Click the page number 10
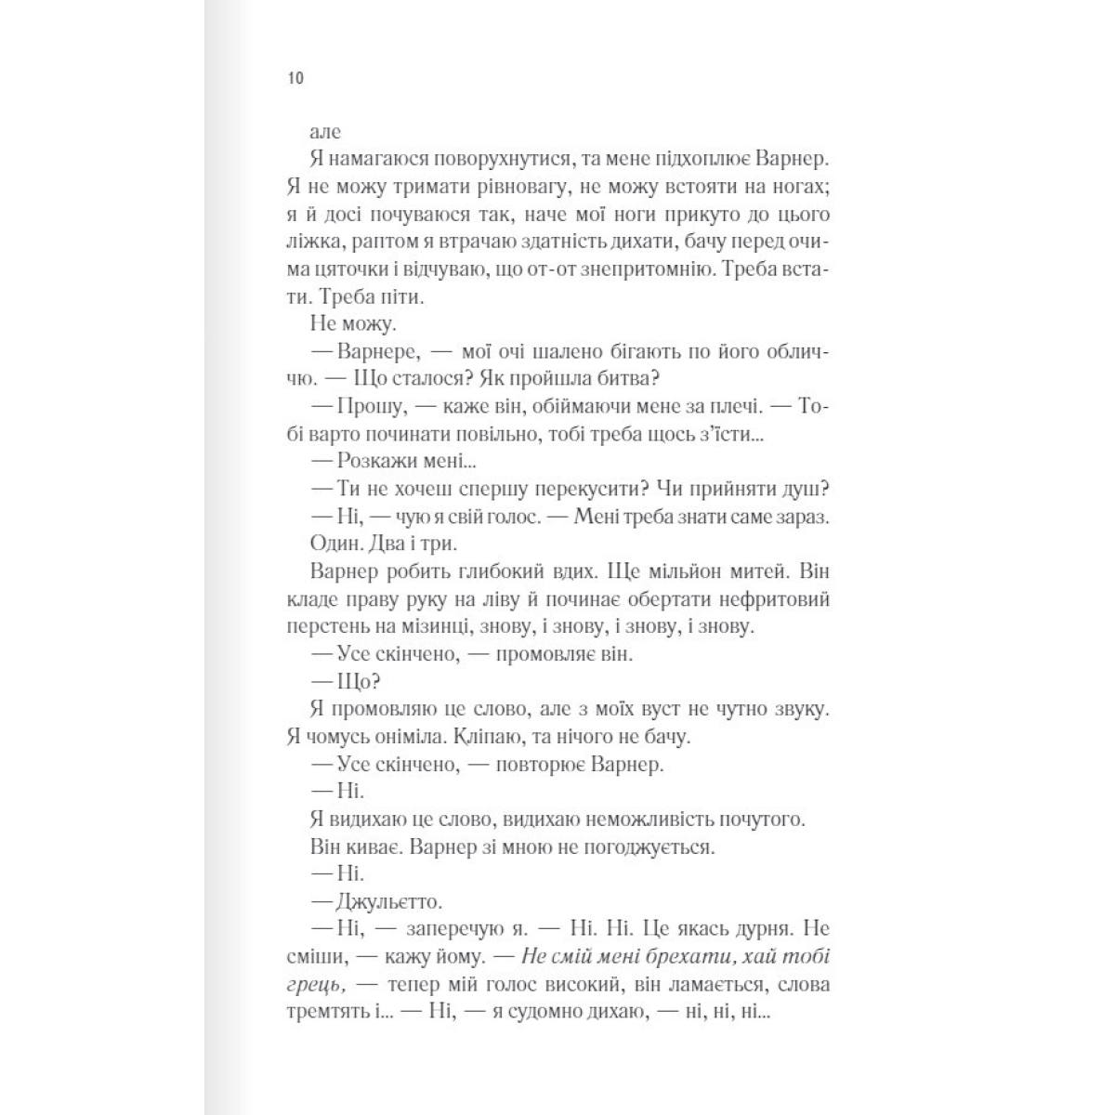point(295,78)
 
